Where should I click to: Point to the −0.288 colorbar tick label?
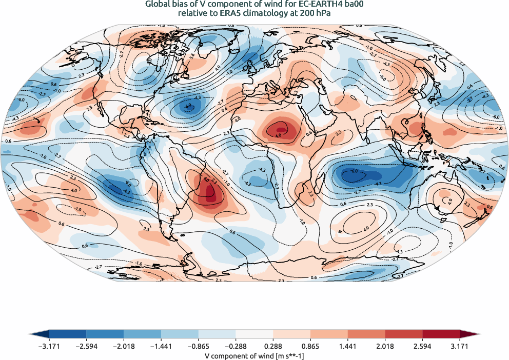click(x=236, y=347)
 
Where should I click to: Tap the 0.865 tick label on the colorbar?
click(x=310, y=347)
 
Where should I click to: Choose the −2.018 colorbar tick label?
click(x=124, y=347)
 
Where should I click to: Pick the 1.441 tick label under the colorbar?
click(x=348, y=347)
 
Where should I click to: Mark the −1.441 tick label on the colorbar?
click(x=161, y=347)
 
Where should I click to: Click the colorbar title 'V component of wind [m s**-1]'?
click(x=254, y=355)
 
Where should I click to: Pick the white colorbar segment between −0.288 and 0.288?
click(x=254, y=334)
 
